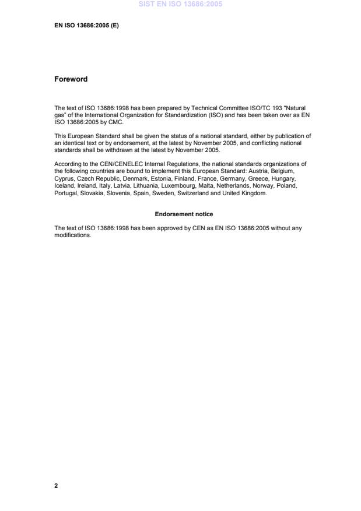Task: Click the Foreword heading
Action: coord(71,79)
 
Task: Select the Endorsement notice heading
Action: coord(184,214)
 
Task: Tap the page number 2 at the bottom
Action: coord(56,485)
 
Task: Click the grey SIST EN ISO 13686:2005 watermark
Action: coord(180,5)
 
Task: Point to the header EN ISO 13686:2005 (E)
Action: coord(86,26)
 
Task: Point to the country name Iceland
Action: coord(64,186)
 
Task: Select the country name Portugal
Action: coord(65,193)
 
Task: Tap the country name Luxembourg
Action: coord(181,186)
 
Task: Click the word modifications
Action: coord(73,235)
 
